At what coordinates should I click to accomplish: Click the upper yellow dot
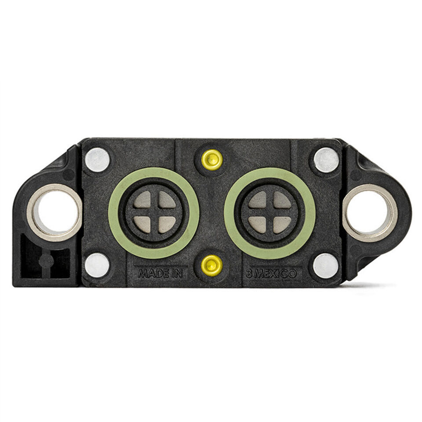[x=212, y=160]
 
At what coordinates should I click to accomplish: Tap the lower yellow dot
[x=212, y=266]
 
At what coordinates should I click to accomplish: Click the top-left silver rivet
[x=97, y=160]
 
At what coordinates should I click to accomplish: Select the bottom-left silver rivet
[x=97, y=266]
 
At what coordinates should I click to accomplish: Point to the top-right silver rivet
[x=327, y=160]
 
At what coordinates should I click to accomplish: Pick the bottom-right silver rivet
[x=326, y=266]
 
